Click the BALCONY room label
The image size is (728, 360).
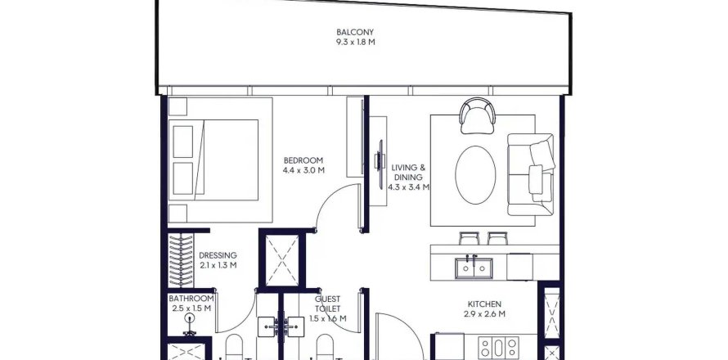click(x=355, y=32)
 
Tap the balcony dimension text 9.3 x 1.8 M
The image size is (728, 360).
click(x=355, y=42)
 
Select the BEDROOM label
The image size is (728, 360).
click(x=303, y=160)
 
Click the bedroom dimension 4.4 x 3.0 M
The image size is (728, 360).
click(x=303, y=170)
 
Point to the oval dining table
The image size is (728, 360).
click(x=475, y=174)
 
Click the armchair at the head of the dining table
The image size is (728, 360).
click(x=477, y=115)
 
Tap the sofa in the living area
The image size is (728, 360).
click(x=531, y=174)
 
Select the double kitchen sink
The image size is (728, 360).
click(x=474, y=268)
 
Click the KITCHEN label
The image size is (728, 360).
click(x=484, y=304)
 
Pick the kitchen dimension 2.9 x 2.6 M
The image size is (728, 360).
click(x=484, y=314)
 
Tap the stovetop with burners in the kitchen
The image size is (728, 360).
click(x=499, y=348)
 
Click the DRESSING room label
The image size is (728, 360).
click(x=218, y=255)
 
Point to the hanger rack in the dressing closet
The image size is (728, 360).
click(x=181, y=260)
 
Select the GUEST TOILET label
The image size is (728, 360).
click(x=327, y=304)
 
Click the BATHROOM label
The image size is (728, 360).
click(x=191, y=299)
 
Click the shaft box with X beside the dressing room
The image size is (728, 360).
click(x=282, y=260)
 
